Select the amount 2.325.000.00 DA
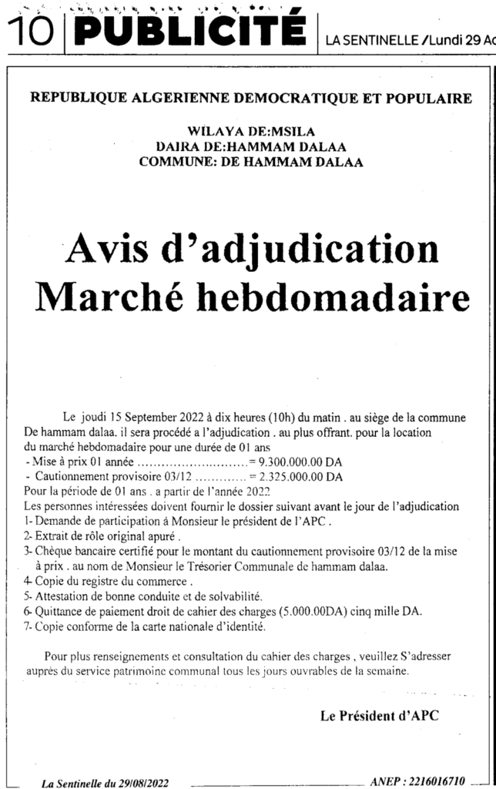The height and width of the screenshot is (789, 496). (302, 477)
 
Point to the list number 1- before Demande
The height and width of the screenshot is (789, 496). (28, 521)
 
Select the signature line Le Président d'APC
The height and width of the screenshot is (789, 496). (379, 716)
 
